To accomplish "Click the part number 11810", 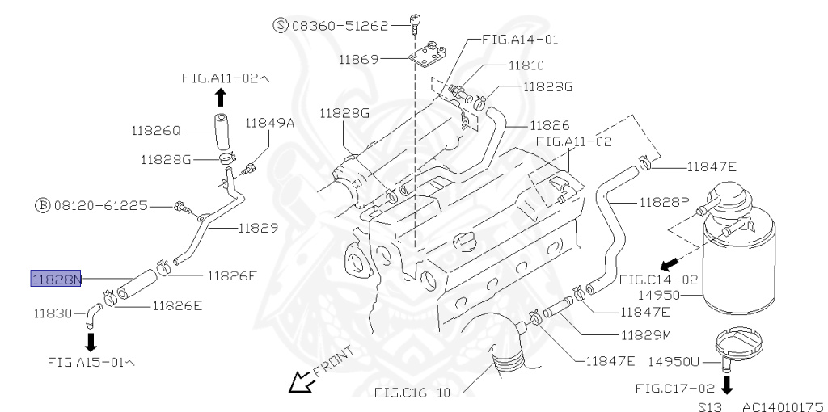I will tap(526, 65).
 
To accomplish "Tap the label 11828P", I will tap(663, 201).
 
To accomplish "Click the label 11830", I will tap(55, 312).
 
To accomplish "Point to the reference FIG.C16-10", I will tap(411, 393).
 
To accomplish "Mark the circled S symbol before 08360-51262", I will tap(281, 26).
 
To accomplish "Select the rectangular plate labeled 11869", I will tap(427, 58).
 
